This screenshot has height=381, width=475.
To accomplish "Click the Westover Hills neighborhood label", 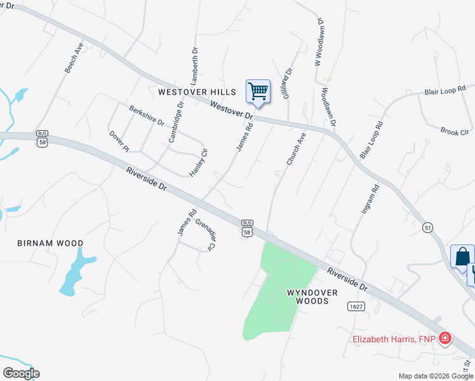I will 197,92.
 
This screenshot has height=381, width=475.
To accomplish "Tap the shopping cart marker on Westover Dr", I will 258,91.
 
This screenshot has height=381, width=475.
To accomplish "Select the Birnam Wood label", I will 50,243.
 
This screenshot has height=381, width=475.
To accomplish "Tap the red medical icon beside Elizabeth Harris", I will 446,338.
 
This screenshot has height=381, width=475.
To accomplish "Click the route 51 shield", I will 428,227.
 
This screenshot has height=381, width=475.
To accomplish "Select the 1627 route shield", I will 356,306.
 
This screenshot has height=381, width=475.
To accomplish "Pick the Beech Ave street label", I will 74,58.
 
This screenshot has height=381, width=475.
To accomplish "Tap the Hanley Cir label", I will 199,163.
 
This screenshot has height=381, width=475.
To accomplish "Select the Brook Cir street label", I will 454,131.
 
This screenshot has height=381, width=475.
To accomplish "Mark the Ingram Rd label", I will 370,198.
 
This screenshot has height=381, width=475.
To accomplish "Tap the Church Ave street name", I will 296,149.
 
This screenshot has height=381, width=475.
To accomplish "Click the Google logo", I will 21,373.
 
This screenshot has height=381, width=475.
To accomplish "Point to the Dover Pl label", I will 119,141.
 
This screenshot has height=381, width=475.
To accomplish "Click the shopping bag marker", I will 462,257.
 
